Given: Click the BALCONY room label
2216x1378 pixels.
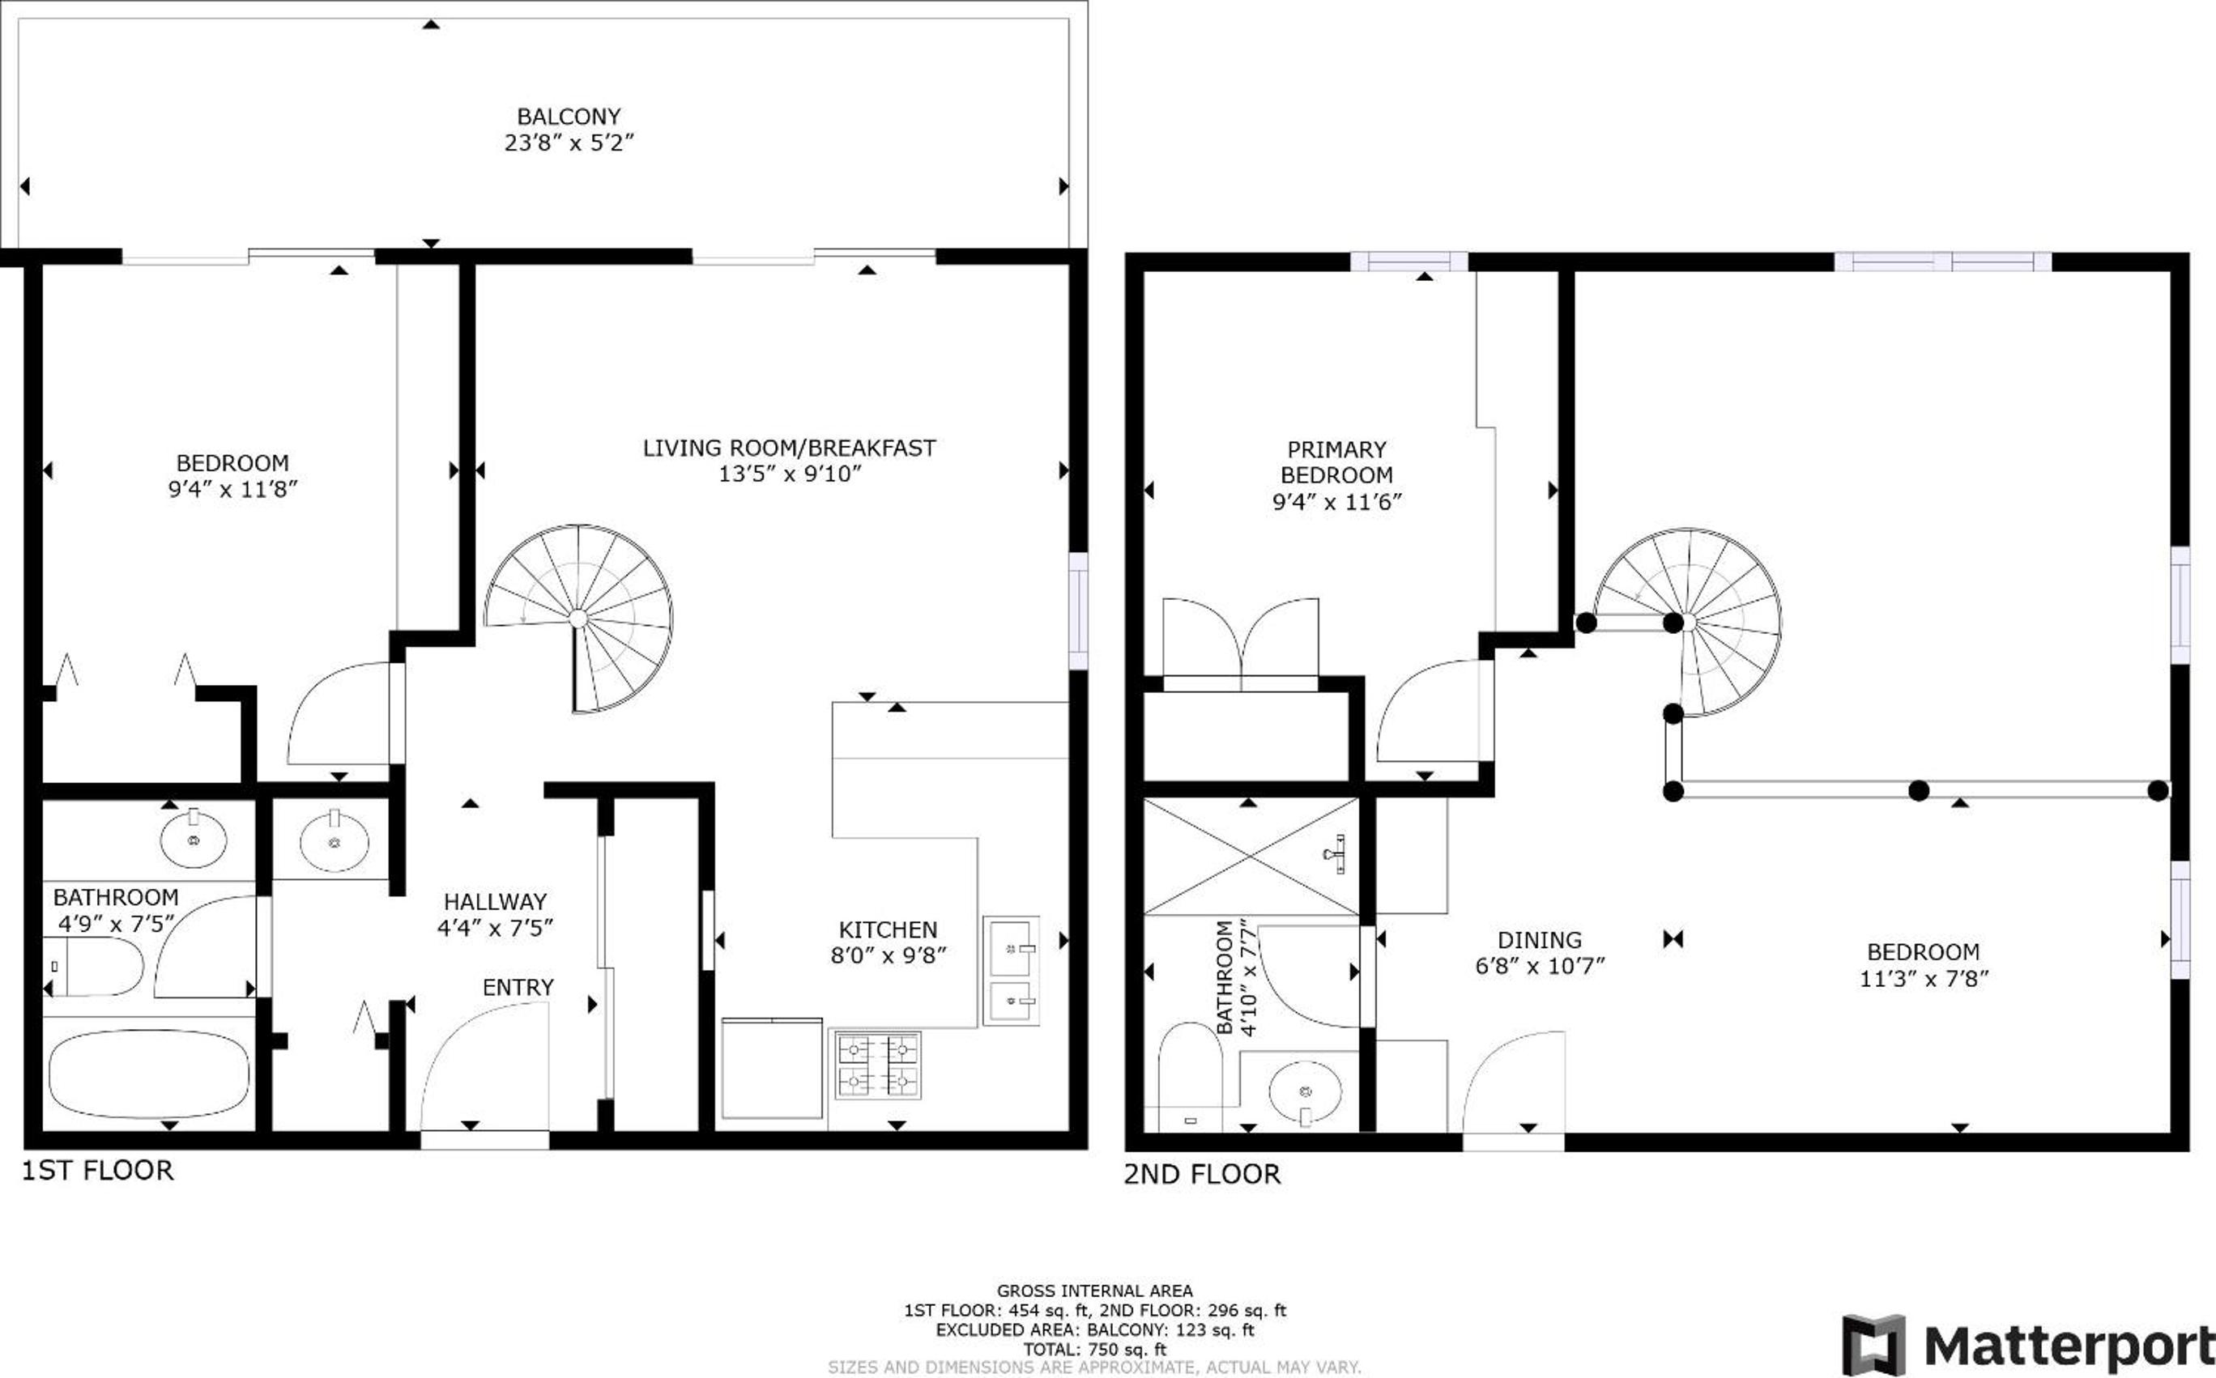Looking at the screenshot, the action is [568, 117].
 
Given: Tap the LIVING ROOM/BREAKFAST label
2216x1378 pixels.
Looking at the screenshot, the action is [790, 449].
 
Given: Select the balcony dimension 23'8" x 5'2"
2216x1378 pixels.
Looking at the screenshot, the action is [569, 143].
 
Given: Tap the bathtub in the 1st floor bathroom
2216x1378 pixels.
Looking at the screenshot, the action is [148, 1074].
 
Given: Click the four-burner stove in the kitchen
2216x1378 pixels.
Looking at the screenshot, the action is [879, 1065].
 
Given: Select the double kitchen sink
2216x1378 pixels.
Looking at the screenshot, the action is [1011, 972].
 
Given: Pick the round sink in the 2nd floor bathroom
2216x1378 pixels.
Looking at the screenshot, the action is [1306, 1093].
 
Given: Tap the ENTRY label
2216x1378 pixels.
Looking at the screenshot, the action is [518, 988].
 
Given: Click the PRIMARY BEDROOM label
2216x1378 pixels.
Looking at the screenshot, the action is [1336, 462].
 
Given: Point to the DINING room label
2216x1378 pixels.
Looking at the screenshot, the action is [1540, 940].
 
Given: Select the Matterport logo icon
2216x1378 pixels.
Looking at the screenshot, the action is [1874, 1345].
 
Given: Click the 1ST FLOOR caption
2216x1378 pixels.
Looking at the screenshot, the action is [97, 1171].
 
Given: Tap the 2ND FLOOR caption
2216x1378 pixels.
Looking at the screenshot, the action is [1201, 1175].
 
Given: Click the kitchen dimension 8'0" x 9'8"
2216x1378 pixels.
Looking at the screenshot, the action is [888, 955].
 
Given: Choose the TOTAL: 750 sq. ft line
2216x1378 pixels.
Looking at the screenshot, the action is [1094, 1350].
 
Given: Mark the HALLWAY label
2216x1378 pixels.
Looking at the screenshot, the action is [495, 902].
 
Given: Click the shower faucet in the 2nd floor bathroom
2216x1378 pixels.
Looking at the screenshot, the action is [1336, 854].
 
